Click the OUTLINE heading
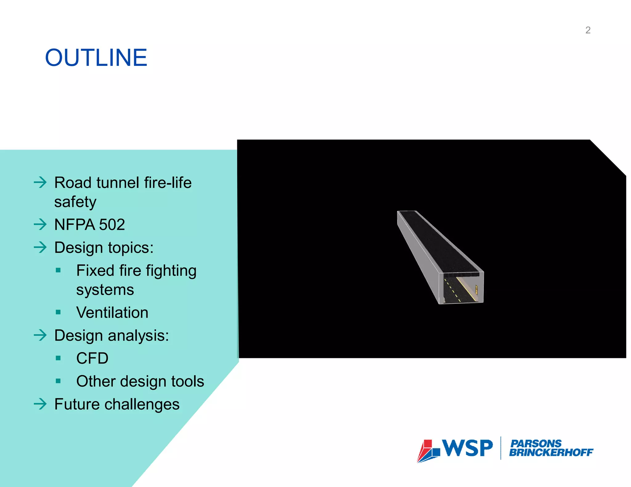pos(96,58)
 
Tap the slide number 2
pos(588,30)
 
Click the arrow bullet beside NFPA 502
pos(40,224)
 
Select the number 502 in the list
pos(112,224)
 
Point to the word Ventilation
pos(112,312)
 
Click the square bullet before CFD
pos(58,358)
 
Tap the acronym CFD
pos(92,358)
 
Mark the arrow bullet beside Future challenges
pos(40,404)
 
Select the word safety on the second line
pos(75,202)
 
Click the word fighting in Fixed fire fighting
pos(171,271)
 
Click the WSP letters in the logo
pos(467,448)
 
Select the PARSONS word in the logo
pos(536,443)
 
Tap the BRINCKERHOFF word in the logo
pos(551,453)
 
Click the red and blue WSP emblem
pos(428,451)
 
